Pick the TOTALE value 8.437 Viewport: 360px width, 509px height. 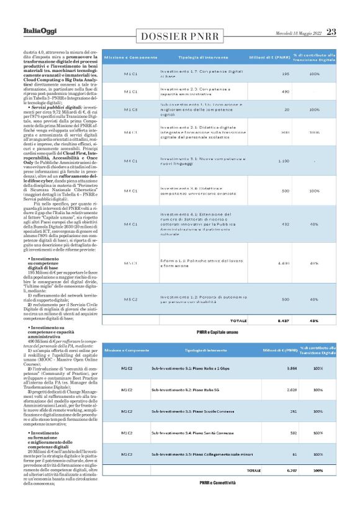[283, 321]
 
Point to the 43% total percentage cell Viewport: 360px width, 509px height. [314, 321]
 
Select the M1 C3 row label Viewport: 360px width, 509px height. [130, 109]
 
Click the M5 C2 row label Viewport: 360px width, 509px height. [130, 299]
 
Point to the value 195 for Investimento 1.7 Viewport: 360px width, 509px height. [286, 74]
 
